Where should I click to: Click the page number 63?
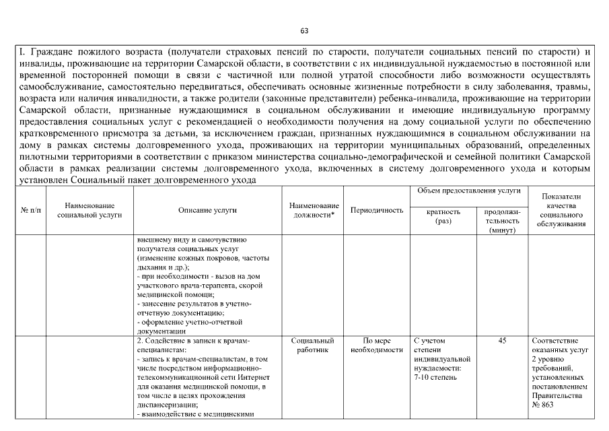(x=304, y=31)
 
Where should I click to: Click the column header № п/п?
(x=30, y=210)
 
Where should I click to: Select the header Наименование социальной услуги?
(x=89, y=210)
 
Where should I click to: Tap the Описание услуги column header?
(x=207, y=210)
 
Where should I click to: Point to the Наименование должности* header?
(x=314, y=210)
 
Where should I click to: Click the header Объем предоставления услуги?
(x=469, y=191)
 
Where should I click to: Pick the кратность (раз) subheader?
(x=443, y=216)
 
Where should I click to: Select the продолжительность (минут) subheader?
(x=502, y=221)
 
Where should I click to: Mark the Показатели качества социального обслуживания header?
(x=562, y=210)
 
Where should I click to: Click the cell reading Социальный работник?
(x=314, y=345)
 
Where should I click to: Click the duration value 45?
(x=502, y=341)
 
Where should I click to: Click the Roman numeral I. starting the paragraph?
(x=22, y=51)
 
